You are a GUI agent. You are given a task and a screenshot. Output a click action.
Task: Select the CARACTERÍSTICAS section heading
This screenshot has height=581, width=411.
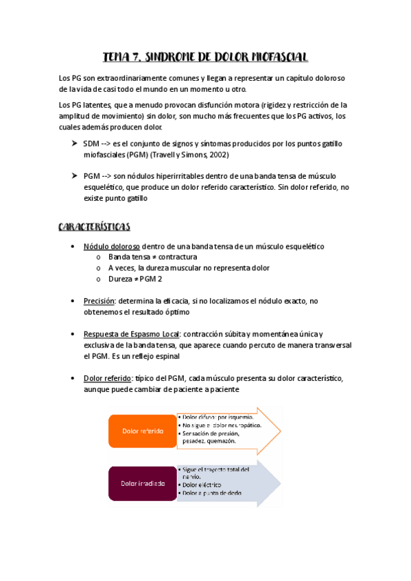pos(94,226)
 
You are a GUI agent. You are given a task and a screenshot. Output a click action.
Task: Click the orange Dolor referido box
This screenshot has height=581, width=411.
pos(143,431)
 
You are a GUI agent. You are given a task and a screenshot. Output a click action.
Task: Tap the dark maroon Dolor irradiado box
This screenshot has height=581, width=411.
pos(143,483)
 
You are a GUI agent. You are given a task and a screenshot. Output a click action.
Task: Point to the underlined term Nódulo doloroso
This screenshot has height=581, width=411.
pos(111,246)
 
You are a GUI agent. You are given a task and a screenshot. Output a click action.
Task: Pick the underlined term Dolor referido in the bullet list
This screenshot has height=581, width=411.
pos(107,378)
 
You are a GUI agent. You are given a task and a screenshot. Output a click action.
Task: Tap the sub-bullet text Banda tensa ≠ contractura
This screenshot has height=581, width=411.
pos(143,257)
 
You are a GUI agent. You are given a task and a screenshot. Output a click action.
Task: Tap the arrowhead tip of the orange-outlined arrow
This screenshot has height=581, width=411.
pos(281,430)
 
